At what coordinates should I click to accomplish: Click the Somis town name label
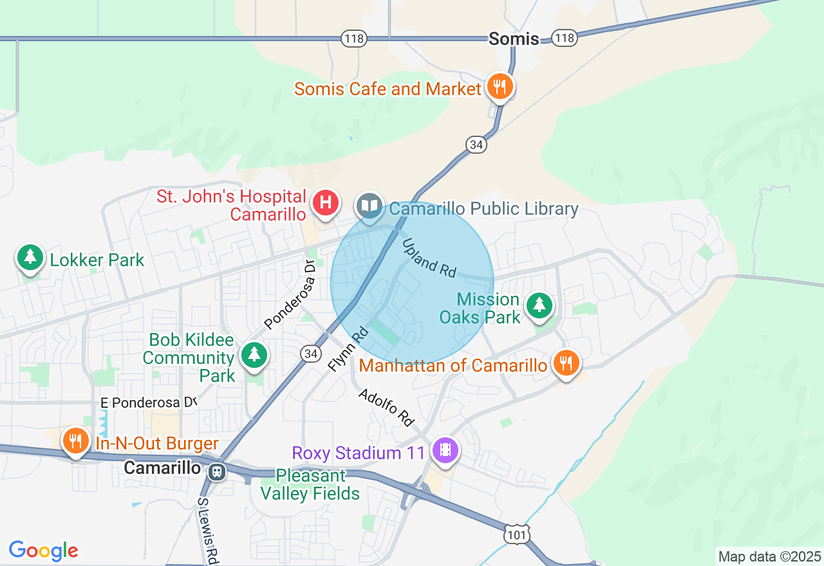click(513, 39)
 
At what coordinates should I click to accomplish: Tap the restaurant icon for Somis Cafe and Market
click(500, 86)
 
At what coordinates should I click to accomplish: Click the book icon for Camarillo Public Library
click(370, 206)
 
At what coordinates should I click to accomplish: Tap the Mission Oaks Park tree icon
click(539, 306)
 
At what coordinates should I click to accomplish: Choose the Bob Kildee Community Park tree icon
click(254, 354)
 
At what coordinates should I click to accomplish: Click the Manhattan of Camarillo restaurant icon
click(566, 363)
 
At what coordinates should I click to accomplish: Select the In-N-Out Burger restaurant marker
click(76, 441)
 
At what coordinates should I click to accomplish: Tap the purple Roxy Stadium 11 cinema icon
click(445, 450)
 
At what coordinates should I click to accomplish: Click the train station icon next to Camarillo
click(217, 471)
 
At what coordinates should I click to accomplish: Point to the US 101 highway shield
click(517, 534)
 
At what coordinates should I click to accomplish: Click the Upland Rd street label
click(429, 259)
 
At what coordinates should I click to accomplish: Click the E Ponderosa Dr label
click(148, 403)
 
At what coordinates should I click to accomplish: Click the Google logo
click(43, 551)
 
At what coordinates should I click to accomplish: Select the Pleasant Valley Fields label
click(310, 485)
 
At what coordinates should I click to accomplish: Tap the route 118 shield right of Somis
click(565, 39)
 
